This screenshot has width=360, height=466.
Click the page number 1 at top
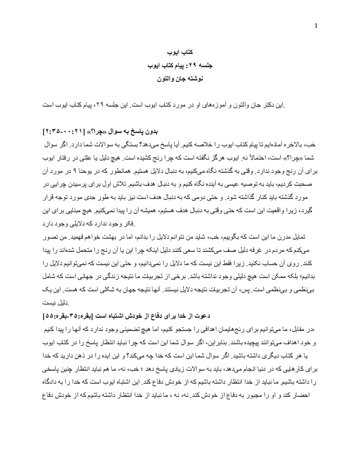pos(316,26)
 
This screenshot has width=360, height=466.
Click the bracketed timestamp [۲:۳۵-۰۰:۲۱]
pos(65,132)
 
